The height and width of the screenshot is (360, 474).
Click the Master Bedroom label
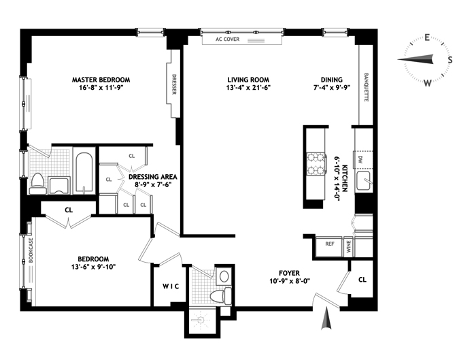tap(101, 80)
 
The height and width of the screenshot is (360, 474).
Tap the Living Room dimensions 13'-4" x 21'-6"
tap(248, 88)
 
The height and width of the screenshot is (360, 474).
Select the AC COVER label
tap(227, 39)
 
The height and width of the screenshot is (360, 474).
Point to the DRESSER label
tap(174, 84)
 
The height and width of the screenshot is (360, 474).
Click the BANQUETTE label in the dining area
tap(367, 87)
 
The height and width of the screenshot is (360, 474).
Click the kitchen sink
tap(363, 180)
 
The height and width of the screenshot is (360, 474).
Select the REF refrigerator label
tap(330, 244)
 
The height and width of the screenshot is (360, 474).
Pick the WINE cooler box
tap(348, 246)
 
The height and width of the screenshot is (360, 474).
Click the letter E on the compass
tap(427, 37)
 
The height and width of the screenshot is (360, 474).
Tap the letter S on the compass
tap(450, 60)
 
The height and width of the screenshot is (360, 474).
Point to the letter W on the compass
tap(427, 82)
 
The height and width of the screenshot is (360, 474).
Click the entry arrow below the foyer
tap(326, 318)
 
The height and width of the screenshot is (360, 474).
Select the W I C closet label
tap(171, 287)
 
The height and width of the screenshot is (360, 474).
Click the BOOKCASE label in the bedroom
tap(31, 250)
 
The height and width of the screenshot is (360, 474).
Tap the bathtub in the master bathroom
tap(84, 172)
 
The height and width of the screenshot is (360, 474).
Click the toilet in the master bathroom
tap(38, 183)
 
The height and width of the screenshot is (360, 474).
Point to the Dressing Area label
tap(152, 177)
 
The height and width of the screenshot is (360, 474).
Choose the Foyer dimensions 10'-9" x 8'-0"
tap(290, 281)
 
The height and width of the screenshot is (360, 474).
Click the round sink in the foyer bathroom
tap(224, 276)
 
